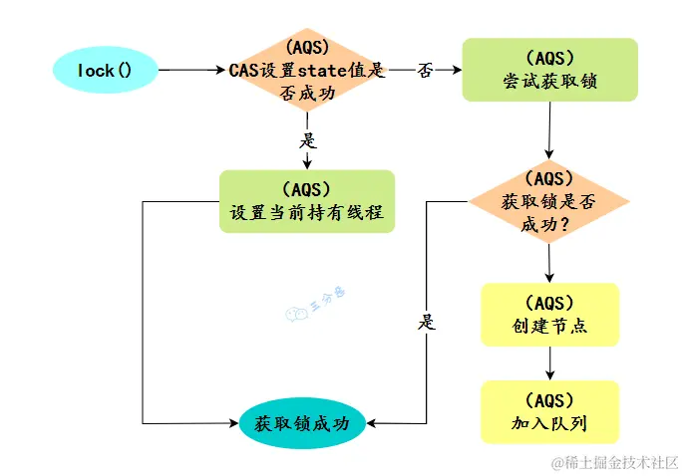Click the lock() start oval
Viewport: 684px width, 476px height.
pos(105,70)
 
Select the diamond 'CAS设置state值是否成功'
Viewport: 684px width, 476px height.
pos(306,71)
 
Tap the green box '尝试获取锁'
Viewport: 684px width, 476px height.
pos(549,70)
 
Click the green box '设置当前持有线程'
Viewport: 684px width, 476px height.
pos(307,201)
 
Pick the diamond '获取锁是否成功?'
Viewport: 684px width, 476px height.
pos(549,202)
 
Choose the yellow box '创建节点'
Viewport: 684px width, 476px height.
pos(549,315)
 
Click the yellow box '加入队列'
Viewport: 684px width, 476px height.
pos(549,412)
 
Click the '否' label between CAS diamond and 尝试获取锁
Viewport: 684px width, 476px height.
pos(425,71)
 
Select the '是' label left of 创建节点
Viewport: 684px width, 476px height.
pos(428,323)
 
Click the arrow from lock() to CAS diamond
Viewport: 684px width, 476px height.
pos(189,71)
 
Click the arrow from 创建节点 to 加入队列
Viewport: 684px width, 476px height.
pos(549,363)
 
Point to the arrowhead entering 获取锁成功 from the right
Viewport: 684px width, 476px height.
pos(372,422)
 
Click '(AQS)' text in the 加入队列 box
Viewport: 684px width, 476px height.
pos(549,400)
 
